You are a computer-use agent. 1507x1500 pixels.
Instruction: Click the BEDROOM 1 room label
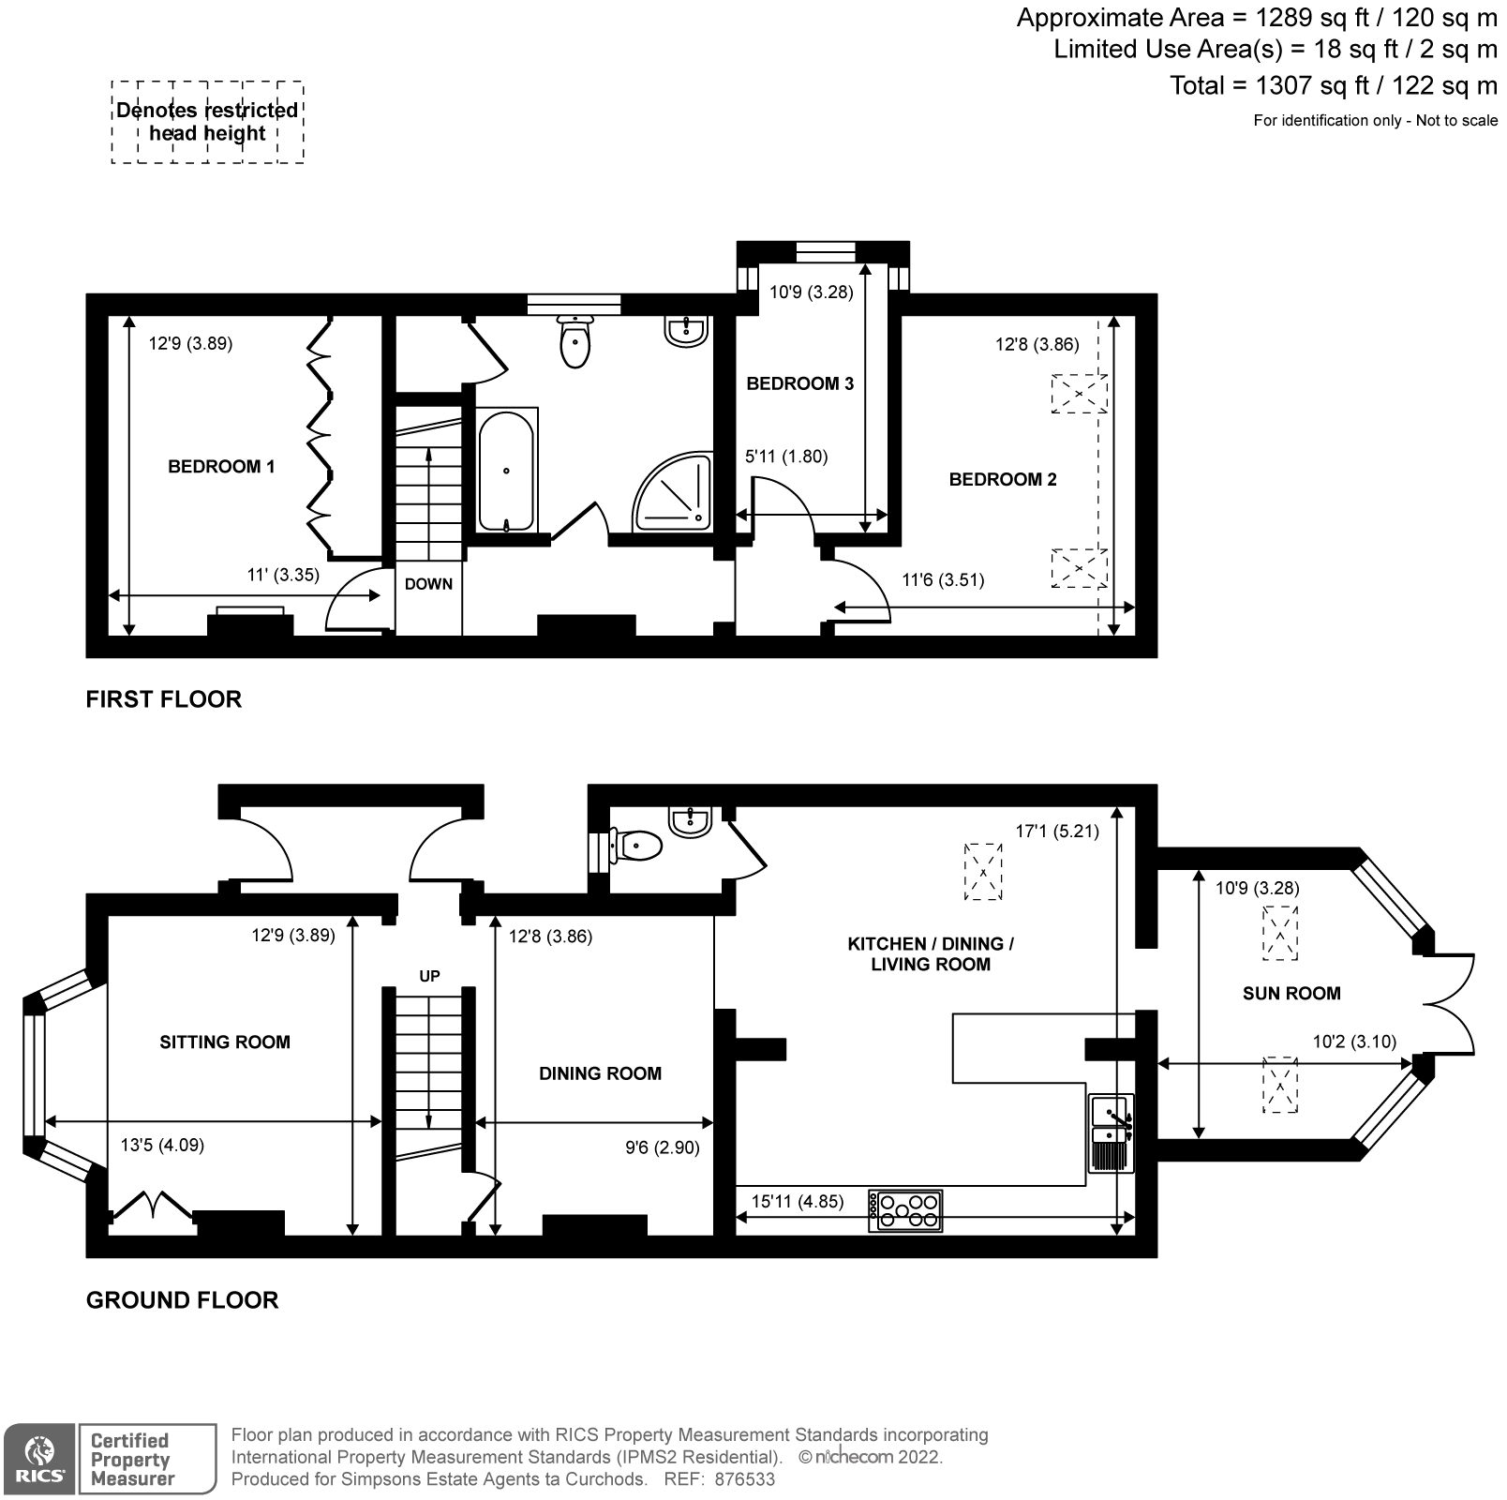(x=221, y=467)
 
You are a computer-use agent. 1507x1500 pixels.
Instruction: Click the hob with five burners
(x=904, y=1210)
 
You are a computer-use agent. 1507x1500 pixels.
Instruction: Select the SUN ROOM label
(x=1291, y=994)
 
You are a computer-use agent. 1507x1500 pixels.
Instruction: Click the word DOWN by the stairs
(x=428, y=584)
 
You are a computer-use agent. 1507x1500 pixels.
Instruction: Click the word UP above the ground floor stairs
(x=429, y=976)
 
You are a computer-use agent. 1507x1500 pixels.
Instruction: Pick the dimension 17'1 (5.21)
(x=1057, y=831)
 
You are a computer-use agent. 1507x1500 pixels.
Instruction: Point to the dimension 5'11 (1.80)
(x=786, y=457)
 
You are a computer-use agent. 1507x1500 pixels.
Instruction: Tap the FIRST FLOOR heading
(x=164, y=699)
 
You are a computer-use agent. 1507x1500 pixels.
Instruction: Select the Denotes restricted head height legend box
(x=207, y=122)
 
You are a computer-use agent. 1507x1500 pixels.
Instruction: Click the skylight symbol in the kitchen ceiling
(x=983, y=872)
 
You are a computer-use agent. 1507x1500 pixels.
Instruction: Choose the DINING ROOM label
(x=600, y=1073)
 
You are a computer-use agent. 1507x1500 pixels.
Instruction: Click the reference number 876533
(x=744, y=1479)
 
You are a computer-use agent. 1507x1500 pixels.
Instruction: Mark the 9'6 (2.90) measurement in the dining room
(x=663, y=1147)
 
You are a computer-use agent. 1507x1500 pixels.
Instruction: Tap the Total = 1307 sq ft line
(x=1333, y=86)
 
